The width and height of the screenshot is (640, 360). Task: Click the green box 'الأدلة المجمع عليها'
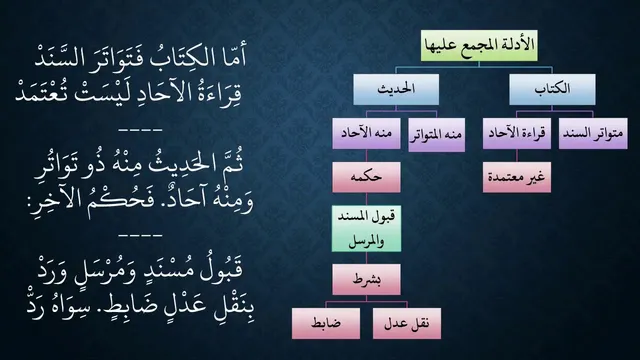coord(479,45)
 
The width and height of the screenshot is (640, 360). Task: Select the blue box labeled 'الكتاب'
coord(552,89)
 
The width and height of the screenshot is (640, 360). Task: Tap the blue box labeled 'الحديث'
coord(396,89)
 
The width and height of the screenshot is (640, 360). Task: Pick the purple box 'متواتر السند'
coord(593,133)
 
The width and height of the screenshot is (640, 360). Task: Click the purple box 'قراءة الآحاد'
coord(517,133)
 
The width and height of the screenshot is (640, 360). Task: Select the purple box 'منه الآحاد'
coord(366,133)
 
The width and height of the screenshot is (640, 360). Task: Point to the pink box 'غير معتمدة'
coord(517,177)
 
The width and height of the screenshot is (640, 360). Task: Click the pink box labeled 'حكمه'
coord(366,177)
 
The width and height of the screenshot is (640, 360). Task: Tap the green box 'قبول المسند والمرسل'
coord(366,229)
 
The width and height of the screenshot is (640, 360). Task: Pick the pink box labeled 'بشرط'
coord(366,280)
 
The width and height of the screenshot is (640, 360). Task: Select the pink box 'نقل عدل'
coord(407,323)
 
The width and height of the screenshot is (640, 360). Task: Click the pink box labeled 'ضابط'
coord(326,323)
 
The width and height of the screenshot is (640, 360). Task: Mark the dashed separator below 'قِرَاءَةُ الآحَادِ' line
coord(140,130)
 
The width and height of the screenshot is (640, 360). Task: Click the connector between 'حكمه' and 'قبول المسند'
coord(366,199)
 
